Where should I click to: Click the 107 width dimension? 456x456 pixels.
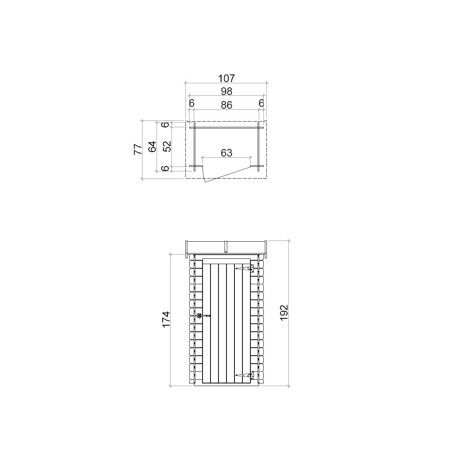[x=226, y=78]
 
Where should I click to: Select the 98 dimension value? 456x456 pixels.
[x=226, y=91]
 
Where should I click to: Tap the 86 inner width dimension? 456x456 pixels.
[x=226, y=105]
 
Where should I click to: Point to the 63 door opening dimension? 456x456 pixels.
[x=226, y=153]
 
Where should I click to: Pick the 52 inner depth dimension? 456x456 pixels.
[x=167, y=147]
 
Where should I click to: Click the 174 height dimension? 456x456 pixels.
[x=166, y=320]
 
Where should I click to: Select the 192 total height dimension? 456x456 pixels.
[x=284, y=313]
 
